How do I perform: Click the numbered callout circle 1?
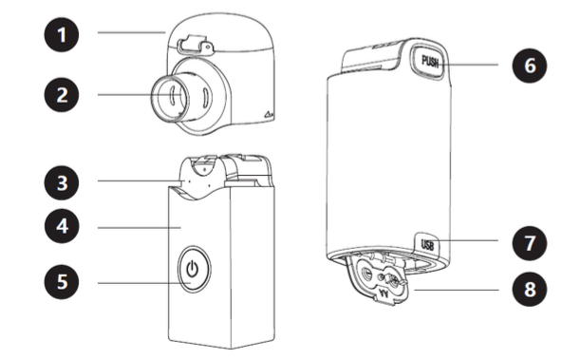point(62,34)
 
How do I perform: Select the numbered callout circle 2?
point(62,95)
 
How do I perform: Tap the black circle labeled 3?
point(62,182)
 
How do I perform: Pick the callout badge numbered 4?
point(62,226)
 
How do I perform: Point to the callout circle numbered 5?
point(62,281)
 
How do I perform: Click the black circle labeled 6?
point(530,66)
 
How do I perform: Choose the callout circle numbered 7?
point(530,243)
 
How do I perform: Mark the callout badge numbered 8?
point(530,289)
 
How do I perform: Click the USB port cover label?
point(427,245)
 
